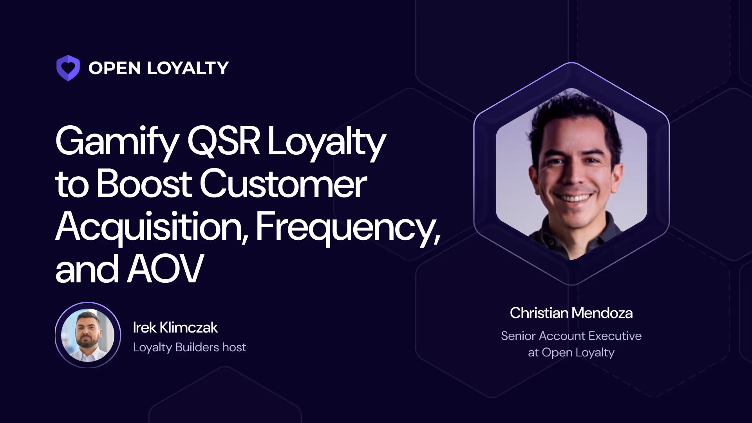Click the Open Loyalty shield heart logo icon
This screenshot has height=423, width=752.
[68, 68]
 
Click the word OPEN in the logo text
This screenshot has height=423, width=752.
[114, 68]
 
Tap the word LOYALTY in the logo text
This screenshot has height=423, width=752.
[188, 68]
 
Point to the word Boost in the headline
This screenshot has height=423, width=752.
[144, 184]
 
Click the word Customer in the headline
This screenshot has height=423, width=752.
[284, 184]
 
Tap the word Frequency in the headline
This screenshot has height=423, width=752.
[347, 227]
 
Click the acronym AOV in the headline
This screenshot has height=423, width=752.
[165, 269]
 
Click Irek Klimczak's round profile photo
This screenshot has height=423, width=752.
[88, 335]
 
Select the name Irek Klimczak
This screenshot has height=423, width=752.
[175, 327]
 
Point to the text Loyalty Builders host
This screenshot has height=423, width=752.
[189, 347]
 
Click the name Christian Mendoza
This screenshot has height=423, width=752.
[571, 313]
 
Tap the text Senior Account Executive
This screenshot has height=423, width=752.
[571, 336]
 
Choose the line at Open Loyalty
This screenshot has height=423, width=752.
[571, 352]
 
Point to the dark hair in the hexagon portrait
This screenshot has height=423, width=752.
[572, 114]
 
